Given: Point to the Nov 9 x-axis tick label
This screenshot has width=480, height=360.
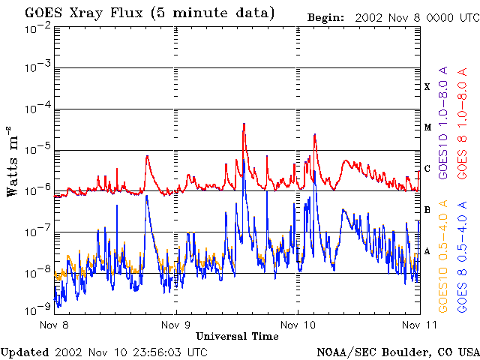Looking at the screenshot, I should [175, 325].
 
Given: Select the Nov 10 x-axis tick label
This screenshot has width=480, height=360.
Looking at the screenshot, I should [298, 325].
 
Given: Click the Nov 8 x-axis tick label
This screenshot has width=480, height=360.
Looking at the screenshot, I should [55, 325].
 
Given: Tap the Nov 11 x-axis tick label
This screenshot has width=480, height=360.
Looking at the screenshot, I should [418, 325].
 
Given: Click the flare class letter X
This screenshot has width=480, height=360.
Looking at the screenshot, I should [427, 87].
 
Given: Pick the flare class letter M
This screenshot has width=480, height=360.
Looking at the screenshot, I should [427, 127].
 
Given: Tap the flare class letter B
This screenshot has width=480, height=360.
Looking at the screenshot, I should [427, 210].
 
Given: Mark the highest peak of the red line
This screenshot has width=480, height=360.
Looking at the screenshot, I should [244, 124].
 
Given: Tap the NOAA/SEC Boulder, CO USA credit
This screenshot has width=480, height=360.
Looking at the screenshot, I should [397, 352].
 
